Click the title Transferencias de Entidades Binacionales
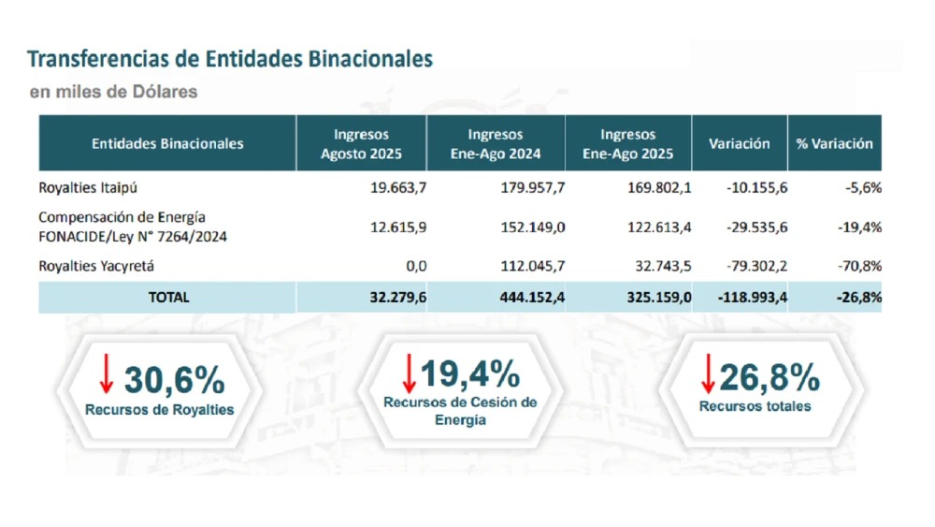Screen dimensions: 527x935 [x=230, y=60]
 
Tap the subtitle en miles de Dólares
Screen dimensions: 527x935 [x=113, y=92]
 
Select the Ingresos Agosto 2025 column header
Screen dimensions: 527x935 [x=360, y=143]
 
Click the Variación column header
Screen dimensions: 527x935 [x=739, y=143]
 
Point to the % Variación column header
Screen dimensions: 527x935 [x=834, y=143]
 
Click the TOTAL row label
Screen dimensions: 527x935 [x=168, y=297]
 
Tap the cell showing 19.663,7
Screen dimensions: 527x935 [x=398, y=187]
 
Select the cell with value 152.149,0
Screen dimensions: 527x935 [x=531, y=227]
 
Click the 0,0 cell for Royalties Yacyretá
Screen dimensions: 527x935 [x=417, y=266]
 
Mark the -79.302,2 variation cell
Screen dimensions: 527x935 [x=756, y=266]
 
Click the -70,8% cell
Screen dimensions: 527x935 [x=861, y=266]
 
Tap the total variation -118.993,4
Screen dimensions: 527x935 [x=752, y=297]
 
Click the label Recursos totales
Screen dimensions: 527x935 [x=755, y=406]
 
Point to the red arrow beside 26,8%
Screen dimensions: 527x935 [x=708, y=373]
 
